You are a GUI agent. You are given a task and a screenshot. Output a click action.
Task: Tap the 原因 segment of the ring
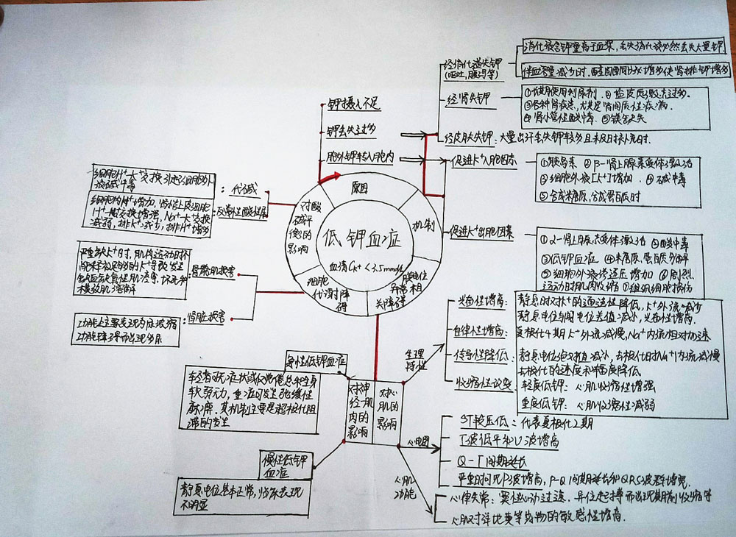[358, 188]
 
